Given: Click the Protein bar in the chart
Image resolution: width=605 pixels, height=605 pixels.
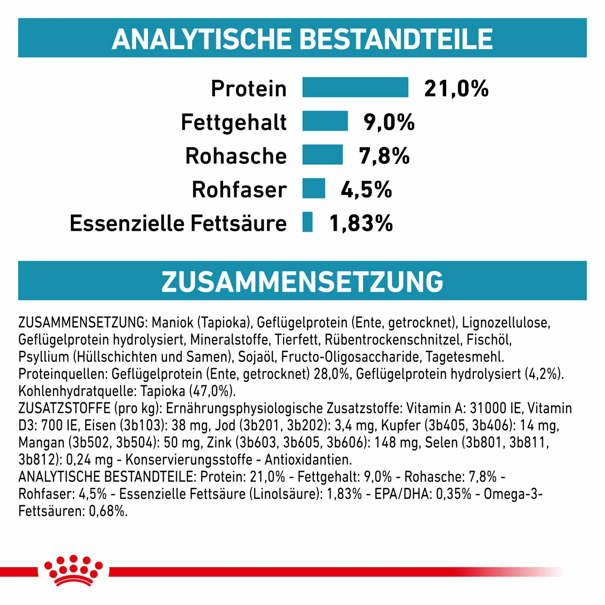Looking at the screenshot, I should click(x=355, y=87).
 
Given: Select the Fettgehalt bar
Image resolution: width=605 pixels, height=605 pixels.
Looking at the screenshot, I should click(x=325, y=121).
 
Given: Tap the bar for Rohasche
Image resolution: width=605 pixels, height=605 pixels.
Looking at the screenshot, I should click(x=322, y=155).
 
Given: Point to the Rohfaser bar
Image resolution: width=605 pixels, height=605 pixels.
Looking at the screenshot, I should click(x=314, y=188).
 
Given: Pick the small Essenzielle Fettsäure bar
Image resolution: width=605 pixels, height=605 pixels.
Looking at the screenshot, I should click(x=307, y=222).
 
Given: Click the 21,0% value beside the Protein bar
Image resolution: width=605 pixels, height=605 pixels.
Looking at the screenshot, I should click(x=456, y=88).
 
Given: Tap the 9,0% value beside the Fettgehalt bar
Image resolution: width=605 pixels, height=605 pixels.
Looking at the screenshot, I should click(x=389, y=122).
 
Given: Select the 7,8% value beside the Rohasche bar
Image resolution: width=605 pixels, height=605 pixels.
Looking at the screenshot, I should click(x=384, y=156).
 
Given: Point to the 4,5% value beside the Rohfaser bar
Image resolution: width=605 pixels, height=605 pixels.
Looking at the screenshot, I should click(x=366, y=190).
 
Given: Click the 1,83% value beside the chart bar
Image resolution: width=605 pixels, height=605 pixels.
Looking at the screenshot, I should click(x=361, y=223).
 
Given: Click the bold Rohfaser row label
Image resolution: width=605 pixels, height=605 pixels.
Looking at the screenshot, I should click(x=239, y=190).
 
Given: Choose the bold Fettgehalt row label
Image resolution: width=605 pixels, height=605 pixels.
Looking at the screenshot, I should click(x=233, y=122).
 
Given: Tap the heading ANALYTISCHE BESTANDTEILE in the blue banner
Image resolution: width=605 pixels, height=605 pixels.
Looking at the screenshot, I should click(x=302, y=39).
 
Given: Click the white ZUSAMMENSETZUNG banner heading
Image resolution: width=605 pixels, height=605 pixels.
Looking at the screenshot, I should click(x=302, y=282).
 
